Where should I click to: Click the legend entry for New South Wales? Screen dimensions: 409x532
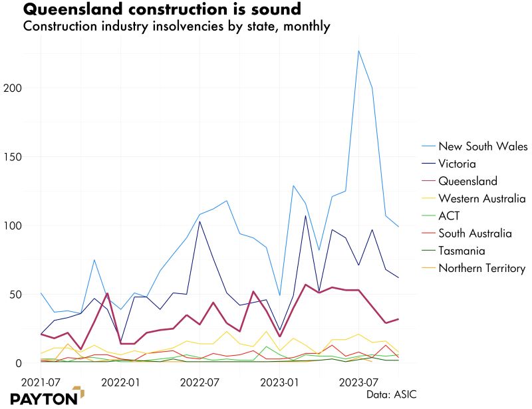click(483, 146)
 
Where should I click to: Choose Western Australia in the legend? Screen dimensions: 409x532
click(482, 198)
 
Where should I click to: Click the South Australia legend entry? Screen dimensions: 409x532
click(475, 233)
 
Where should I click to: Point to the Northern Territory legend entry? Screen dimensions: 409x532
click(482, 269)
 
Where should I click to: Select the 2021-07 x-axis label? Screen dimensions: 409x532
click(41, 384)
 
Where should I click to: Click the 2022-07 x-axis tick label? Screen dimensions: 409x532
click(200, 384)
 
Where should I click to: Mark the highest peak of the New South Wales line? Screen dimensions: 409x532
click(358, 51)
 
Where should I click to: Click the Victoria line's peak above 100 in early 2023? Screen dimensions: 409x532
click(305, 215)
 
